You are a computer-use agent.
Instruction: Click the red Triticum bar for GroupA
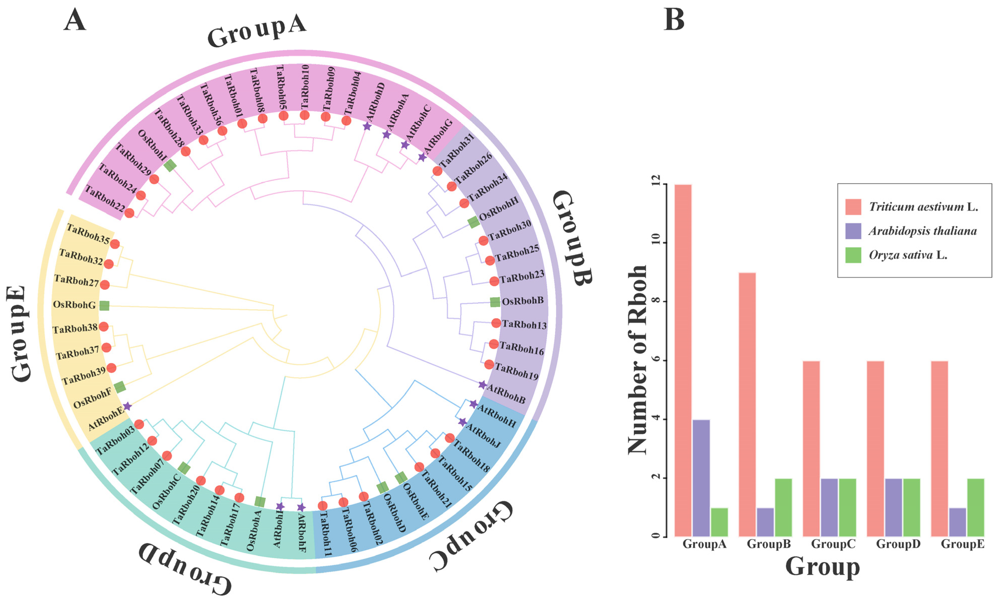coord(683,360)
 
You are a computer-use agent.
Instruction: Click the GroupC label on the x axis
coord(833,544)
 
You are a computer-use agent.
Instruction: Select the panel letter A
coord(75,20)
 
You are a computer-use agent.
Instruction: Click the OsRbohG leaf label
coord(74,305)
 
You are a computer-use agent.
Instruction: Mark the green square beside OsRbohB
coord(495,302)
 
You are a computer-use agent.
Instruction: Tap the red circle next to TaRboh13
coord(496,323)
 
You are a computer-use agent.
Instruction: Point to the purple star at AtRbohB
coord(482,384)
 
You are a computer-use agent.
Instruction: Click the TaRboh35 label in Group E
coord(88,234)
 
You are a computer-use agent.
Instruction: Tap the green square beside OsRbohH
coord(474,222)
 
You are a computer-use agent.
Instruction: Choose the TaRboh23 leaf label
coord(522,277)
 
